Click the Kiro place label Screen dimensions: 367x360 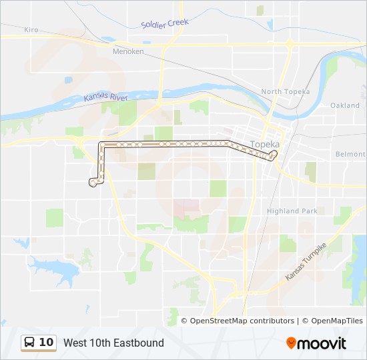tap(31, 30)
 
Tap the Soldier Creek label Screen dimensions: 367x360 tap(165, 24)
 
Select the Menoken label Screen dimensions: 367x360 tap(128, 51)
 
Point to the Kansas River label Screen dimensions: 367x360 tap(105, 98)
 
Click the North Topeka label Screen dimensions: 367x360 tap(285, 91)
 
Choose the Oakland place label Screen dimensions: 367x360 tap(344, 105)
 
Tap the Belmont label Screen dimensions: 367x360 tap(350, 154)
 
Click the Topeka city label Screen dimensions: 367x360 tap(264, 144)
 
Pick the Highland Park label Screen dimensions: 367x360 tap(292, 211)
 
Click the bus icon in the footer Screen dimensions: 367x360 tap(29, 343)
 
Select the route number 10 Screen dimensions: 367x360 tap(46, 343)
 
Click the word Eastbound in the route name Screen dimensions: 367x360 tap(138, 343)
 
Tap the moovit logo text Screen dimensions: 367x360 tap(322, 343)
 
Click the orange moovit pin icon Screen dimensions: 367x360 tap(291, 343)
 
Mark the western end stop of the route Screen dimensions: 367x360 tap(92, 182)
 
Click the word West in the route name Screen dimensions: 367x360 tap(76, 343)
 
